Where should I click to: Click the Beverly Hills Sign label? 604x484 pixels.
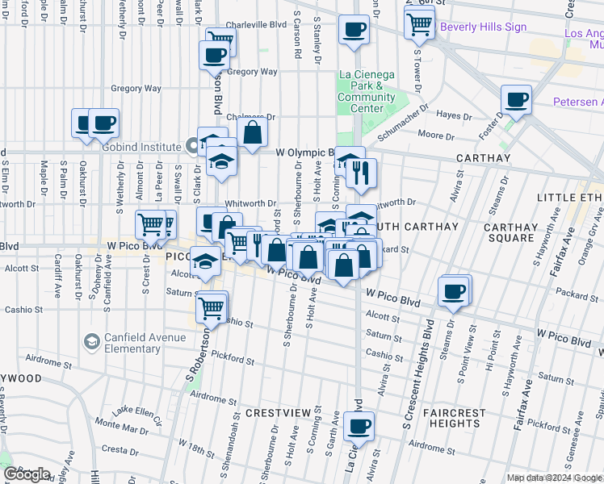point(483,27)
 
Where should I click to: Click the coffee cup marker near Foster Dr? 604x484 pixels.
point(516,99)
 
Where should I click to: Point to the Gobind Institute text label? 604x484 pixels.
point(147,147)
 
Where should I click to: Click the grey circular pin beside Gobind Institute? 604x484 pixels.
point(192,147)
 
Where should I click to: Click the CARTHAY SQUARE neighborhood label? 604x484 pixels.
point(509,233)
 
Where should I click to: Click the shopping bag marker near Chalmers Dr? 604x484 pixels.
point(252,133)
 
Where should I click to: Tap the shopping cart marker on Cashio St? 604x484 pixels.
point(211,307)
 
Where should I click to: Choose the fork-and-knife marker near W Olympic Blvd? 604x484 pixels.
point(362,171)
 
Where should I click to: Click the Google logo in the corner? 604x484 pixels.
point(27,474)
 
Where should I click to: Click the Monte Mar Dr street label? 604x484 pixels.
point(118,423)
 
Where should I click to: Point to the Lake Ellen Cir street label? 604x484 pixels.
point(137,415)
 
